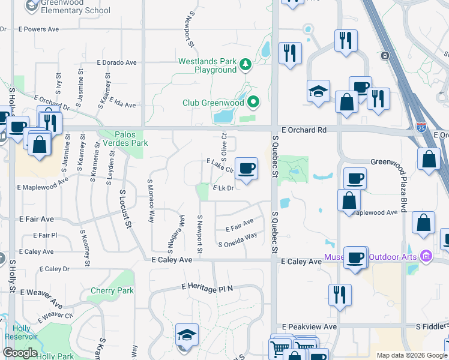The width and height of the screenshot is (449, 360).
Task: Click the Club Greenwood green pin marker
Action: (253, 102)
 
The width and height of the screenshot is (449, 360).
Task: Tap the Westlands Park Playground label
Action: (208, 66)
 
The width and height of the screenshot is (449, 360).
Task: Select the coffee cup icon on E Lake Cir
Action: (246, 167)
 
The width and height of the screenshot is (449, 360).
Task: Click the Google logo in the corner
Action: (20, 353)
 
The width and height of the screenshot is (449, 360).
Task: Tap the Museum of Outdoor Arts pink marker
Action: (426, 257)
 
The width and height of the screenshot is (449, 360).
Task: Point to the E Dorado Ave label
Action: (116, 62)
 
